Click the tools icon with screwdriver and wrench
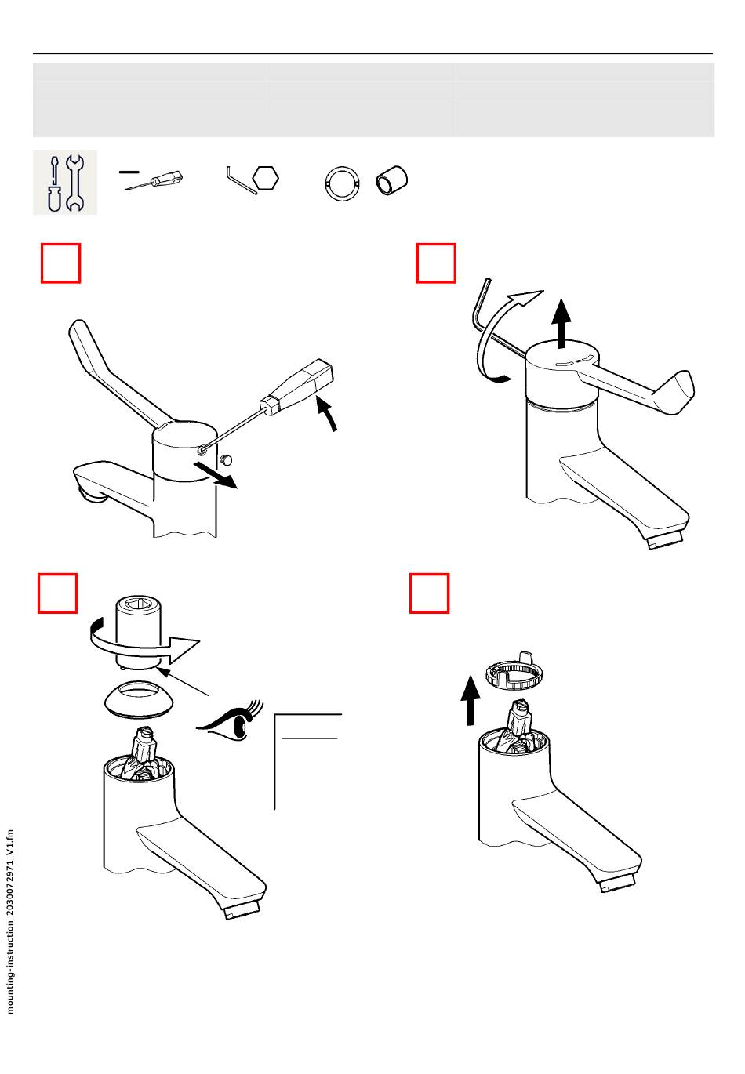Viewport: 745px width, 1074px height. (65, 182)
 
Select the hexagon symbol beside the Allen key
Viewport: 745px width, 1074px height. (265, 179)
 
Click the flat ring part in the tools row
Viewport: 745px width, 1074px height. (342, 183)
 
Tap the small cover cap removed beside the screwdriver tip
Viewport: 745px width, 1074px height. (226, 460)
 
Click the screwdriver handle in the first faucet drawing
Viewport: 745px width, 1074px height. (296, 385)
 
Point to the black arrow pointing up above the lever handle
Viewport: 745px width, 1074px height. (561, 323)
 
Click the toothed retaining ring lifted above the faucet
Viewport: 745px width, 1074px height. (514, 671)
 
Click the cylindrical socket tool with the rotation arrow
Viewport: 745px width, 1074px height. (136, 632)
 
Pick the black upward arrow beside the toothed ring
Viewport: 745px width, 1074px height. (470, 700)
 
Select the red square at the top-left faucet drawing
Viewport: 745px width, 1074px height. (61, 263)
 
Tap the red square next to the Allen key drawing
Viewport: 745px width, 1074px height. (435, 263)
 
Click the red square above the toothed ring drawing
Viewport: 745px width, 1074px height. (429, 593)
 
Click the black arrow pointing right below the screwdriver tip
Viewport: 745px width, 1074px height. (216, 474)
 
